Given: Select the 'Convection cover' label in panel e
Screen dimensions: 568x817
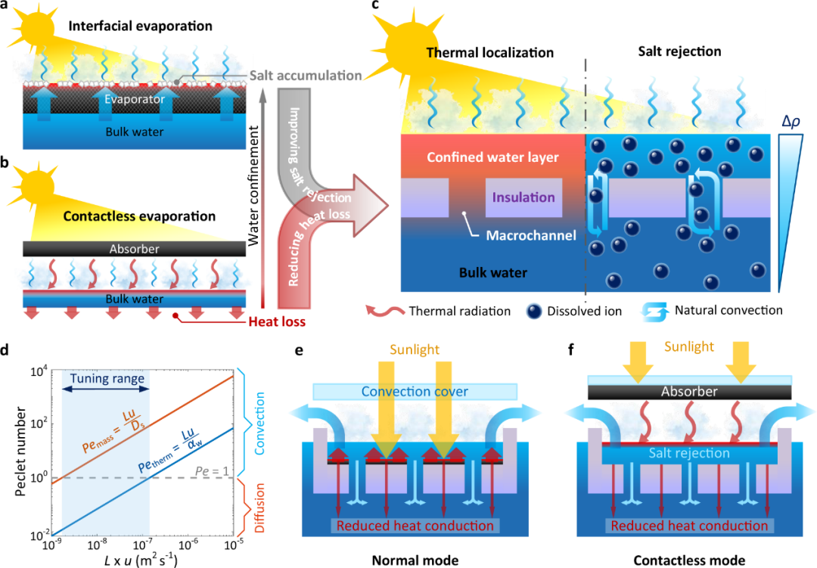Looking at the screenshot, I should pos(415,391).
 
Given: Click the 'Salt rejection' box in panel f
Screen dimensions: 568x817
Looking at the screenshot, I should pos(689,454).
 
